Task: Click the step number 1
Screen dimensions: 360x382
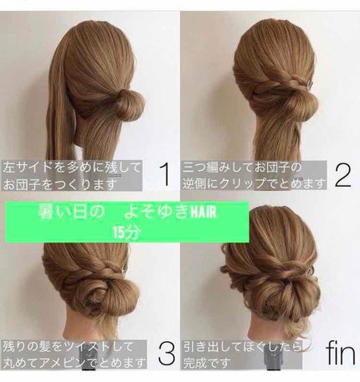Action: (166, 175)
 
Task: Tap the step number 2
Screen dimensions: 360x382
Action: (342, 175)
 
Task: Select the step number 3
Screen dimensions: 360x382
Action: (167, 354)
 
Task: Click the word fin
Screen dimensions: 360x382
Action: (341, 353)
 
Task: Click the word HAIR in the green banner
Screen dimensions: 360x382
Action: (203, 212)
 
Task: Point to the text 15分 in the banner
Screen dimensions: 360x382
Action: (126, 232)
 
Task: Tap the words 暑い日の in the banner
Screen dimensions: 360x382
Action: (71, 211)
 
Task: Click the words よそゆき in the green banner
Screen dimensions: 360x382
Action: (157, 211)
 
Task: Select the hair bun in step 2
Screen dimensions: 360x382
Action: (302, 106)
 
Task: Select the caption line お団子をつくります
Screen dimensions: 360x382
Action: (59, 184)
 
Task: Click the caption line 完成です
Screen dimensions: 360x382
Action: (203, 362)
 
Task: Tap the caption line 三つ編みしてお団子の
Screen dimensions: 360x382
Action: (242, 168)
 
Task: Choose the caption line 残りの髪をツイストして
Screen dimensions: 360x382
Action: (67, 347)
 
